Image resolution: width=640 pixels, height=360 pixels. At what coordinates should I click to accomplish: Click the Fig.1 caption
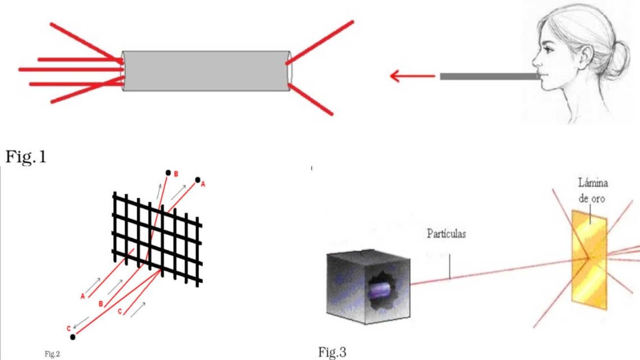click(26, 157)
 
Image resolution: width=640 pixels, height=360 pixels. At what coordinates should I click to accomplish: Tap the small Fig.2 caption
click(52, 354)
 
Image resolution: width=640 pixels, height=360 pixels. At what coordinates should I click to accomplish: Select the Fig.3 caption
click(332, 352)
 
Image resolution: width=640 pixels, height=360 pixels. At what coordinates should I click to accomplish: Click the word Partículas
click(446, 234)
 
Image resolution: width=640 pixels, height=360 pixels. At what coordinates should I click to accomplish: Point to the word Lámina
click(593, 183)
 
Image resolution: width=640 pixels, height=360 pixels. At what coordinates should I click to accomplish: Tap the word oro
click(599, 199)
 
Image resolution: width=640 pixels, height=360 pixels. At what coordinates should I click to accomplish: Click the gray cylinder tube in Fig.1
click(207, 71)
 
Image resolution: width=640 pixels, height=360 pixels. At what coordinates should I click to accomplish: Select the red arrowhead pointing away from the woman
click(395, 76)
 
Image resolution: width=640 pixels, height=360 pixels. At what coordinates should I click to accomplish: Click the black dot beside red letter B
click(168, 173)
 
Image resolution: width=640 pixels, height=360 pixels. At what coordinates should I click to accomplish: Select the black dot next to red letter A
click(198, 180)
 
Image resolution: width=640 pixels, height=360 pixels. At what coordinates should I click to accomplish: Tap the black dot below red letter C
click(72, 337)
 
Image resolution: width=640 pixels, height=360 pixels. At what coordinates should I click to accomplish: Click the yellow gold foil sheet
click(589, 259)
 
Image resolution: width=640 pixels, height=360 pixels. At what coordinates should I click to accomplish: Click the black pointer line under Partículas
click(450, 267)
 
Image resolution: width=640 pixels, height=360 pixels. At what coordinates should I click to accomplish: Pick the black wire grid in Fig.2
click(158, 239)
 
